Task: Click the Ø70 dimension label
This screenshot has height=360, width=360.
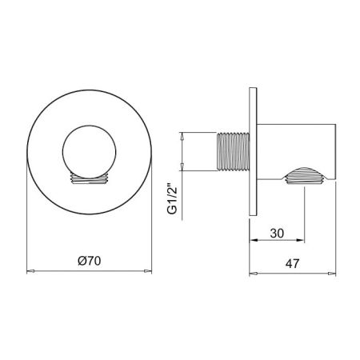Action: point(90,260)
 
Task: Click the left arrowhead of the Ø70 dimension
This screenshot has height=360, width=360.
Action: point(31,271)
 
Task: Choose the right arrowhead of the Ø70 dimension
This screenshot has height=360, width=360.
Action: point(147,271)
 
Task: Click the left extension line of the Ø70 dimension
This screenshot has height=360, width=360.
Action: point(28,224)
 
